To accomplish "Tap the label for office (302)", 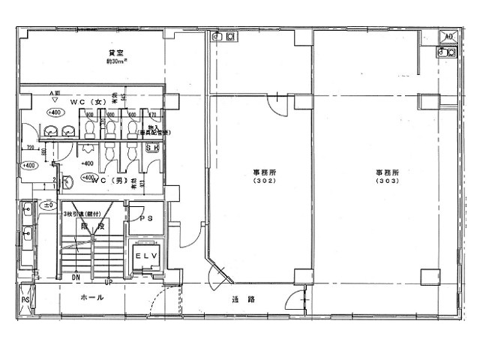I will click(262, 176).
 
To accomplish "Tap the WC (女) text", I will click(85, 101).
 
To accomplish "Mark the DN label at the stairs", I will click(75, 277).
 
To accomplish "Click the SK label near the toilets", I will click(151, 148).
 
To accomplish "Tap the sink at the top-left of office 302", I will click(223, 37).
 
